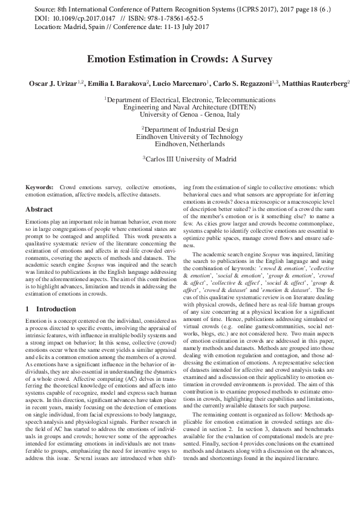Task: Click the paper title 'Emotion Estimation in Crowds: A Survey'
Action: coord(180,59)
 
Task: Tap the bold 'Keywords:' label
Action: coord(39,189)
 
